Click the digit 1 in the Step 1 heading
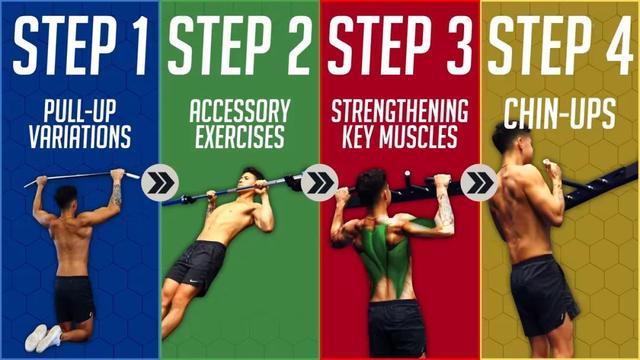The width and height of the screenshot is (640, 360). click(x=141, y=47)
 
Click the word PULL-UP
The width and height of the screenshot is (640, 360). click(x=80, y=110)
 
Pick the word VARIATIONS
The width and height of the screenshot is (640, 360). click(x=80, y=137)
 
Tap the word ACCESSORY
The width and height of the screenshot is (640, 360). click(x=240, y=111)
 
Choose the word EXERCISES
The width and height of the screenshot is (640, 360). click(x=240, y=137)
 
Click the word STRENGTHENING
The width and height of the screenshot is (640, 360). click(x=400, y=111)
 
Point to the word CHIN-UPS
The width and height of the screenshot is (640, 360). click(x=560, y=114)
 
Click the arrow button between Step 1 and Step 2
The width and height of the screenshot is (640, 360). click(x=160, y=182)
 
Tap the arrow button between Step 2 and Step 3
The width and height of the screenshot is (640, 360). click(x=320, y=182)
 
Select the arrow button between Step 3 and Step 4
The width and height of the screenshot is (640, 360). click(x=479, y=182)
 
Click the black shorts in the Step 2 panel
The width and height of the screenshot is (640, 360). click(x=197, y=266)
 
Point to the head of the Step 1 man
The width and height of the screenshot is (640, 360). click(x=67, y=197)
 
